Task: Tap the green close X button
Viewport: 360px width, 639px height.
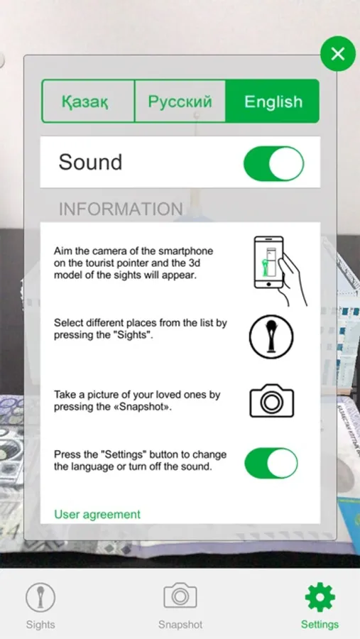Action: click(x=337, y=53)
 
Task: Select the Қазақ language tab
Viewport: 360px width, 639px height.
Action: click(x=87, y=101)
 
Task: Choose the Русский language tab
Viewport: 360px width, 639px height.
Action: click(x=180, y=101)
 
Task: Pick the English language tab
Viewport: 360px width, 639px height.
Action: click(x=273, y=101)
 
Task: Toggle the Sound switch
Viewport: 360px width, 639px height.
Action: click(x=273, y=163)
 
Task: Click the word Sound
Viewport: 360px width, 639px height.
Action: click(x=90, y=162)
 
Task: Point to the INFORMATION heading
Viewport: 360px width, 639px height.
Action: click(x=121, y=209)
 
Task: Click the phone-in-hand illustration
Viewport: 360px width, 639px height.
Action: click(x=279, y=271)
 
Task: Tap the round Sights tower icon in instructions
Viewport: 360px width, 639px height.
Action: click(x=271, y=337)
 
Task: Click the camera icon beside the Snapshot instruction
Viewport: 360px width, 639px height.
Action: click(x=271, y=400)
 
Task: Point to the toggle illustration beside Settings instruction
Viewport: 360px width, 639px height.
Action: click(x=271, y=463)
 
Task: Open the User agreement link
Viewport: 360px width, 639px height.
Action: click(x=97, y=514)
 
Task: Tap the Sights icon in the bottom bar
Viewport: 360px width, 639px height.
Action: click(x=40, y=597)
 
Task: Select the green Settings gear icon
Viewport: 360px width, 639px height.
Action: click(x=320, y=597)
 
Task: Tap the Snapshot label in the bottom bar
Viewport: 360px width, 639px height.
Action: click(x=180, y=624)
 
